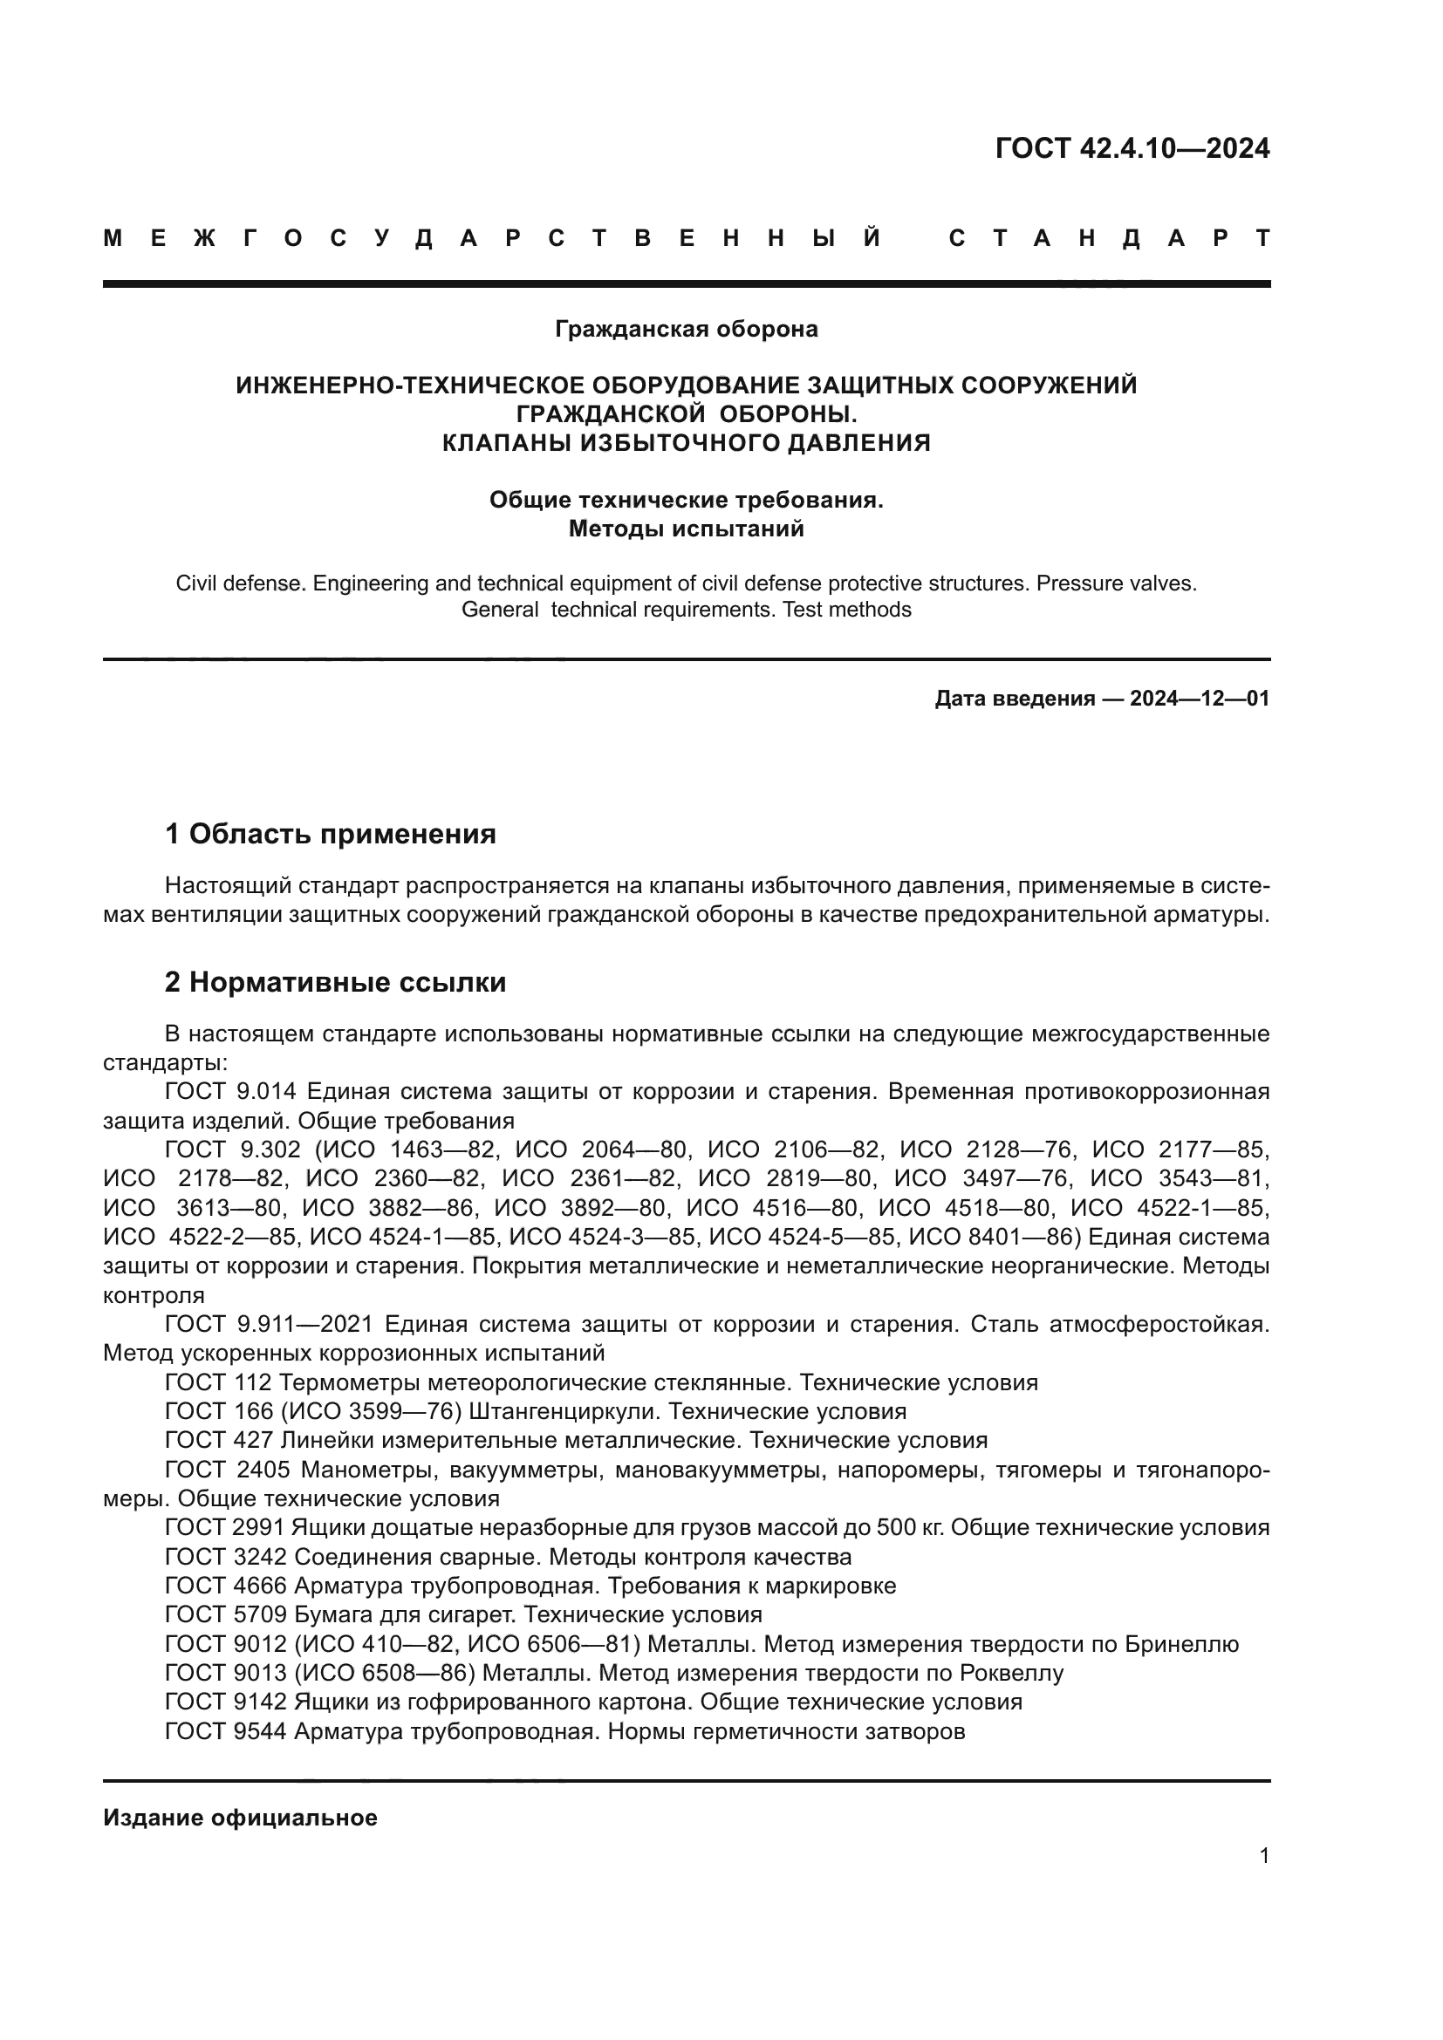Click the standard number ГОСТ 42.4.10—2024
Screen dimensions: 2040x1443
(1132, 148)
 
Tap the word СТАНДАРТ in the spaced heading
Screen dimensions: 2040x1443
(1110, 238)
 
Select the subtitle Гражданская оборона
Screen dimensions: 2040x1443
(686, 329)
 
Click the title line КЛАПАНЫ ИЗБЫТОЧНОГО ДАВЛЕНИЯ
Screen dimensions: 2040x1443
(686, 442)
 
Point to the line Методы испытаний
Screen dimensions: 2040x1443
(686, 529)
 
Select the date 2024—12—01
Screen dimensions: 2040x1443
(1200, 699)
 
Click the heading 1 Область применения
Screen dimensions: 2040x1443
(331, 834)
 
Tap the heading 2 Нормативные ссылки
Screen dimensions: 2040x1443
(336, 982)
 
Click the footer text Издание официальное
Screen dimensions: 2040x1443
(240, 1817)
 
